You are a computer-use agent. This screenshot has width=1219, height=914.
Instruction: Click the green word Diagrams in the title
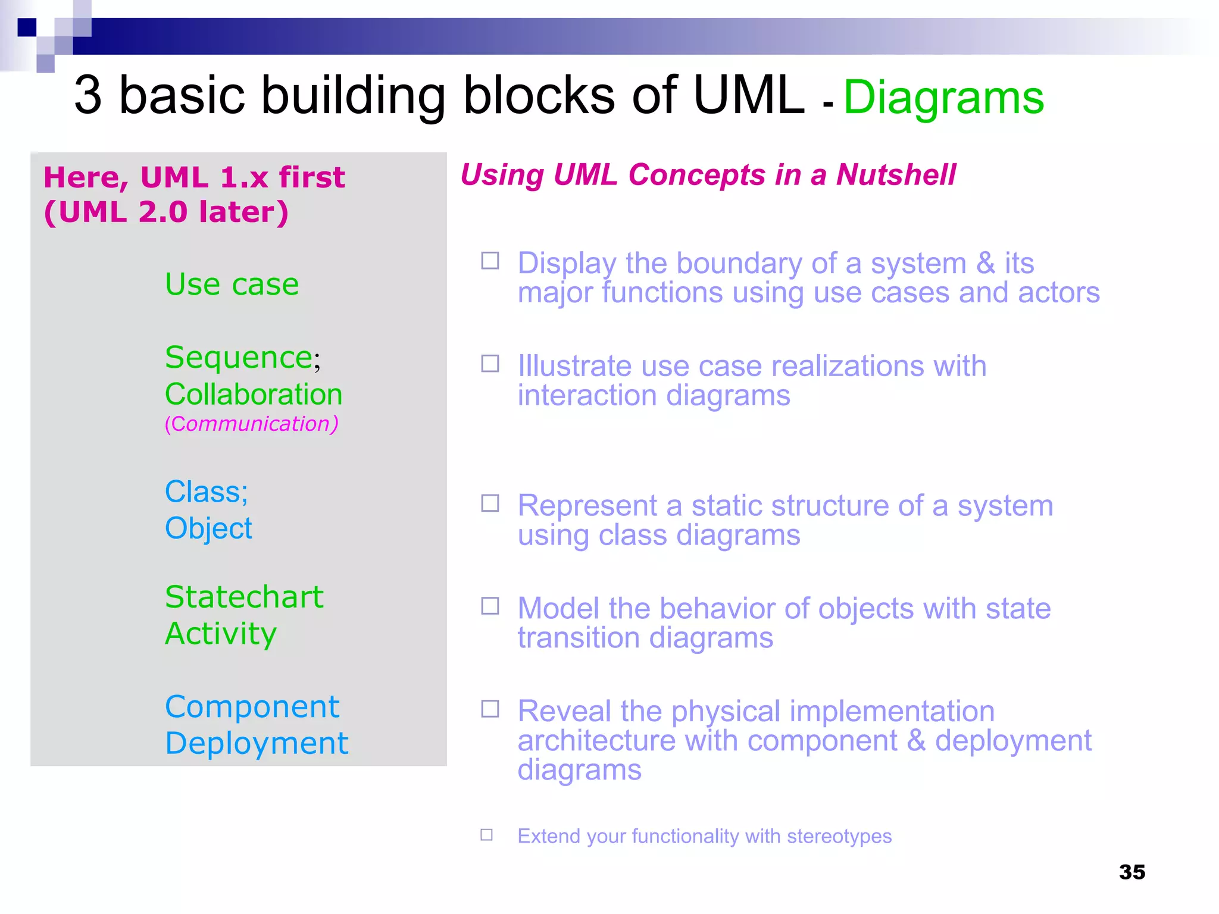943,98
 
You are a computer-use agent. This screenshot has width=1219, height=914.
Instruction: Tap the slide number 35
1132,872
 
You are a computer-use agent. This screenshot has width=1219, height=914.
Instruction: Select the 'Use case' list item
232,284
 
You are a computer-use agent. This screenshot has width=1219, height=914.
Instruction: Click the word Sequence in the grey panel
239,358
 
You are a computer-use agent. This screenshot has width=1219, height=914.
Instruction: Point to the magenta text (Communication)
251,424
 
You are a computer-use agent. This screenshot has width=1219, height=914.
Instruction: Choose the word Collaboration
254,395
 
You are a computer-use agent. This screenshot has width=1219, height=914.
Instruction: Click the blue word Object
208,528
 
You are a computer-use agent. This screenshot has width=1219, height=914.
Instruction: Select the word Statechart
244,597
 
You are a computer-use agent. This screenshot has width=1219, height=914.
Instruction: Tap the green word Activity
221,634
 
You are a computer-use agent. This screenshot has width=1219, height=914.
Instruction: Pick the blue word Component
252,707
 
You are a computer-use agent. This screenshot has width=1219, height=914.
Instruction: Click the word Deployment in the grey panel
257,744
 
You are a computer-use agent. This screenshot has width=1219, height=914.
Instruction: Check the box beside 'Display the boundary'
490,261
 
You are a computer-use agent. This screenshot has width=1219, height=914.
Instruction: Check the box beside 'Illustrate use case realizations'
490,364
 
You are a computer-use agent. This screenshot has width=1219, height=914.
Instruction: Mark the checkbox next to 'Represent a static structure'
490,503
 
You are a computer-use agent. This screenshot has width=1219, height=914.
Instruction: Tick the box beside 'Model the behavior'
490,606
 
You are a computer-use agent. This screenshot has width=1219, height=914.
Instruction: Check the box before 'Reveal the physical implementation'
490,709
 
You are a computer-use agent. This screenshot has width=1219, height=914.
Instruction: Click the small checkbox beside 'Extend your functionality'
486,835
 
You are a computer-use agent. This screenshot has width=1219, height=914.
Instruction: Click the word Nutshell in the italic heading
896,175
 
